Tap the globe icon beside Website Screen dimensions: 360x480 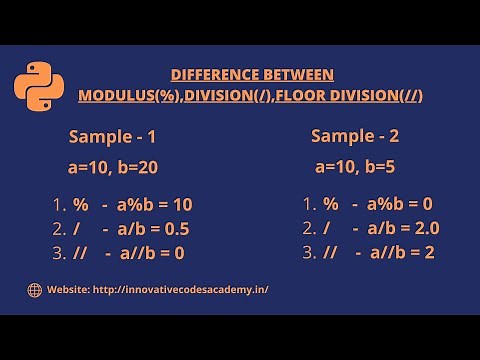(x=35, y=290)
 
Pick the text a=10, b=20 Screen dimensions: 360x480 (x=112, y=166)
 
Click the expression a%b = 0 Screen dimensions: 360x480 (x=399, y=204)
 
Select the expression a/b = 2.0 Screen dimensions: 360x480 (x=403, y=228)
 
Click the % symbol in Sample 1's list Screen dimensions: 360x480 (x=81, y=205)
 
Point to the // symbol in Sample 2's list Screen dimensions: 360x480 (x=331, y=252)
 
